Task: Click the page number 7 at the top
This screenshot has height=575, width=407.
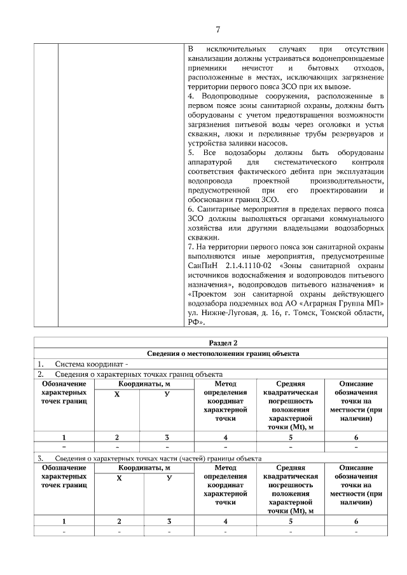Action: (217, 29)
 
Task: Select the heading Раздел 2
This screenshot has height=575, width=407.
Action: (218, 343)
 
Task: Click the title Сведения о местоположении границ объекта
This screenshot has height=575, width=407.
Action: (218, 354)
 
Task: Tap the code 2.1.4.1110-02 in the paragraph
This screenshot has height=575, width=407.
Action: (250, 265)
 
